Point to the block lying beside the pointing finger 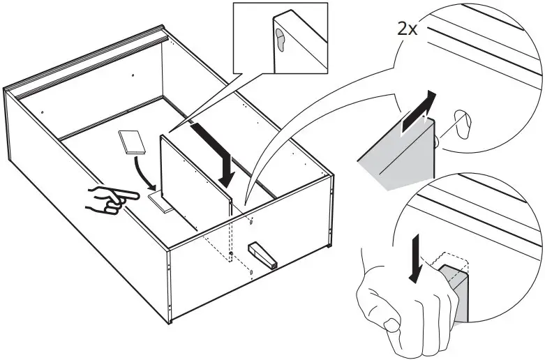point(163,201)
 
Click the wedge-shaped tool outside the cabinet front point(263,255)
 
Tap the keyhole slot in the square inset point(281,40)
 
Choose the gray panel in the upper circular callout point(401,155)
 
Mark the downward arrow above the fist point(416,259)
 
